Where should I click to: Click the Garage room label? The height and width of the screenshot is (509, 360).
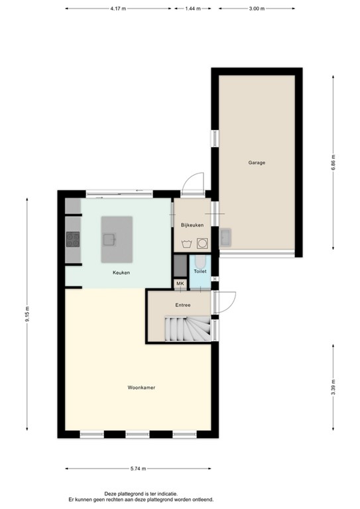257,162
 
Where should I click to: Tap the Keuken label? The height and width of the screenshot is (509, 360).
121,273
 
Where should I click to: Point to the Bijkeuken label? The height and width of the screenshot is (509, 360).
192,226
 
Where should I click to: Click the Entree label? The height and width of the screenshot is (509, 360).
183,306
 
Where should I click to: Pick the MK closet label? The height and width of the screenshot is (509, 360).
180,284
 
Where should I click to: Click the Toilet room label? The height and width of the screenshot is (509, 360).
200,272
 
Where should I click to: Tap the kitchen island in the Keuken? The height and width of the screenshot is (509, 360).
117,239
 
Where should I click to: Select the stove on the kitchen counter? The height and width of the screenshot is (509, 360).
73,239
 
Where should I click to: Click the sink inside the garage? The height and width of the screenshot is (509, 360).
225,237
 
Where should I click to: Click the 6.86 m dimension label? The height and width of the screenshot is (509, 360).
333,162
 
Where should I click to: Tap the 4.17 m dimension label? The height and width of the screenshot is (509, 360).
119,9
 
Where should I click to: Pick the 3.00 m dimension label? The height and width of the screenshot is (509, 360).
257,9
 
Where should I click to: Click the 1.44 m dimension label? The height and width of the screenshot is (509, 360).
193,9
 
